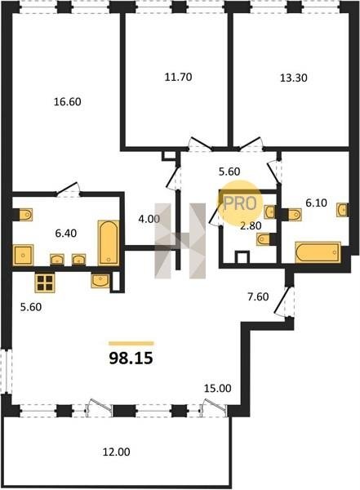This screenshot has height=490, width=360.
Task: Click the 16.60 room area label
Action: point(68,102)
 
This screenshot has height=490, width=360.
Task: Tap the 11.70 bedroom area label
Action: point(178,77)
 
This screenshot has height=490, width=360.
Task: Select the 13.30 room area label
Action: point(293,78)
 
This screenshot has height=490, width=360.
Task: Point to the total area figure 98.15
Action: point(131,359)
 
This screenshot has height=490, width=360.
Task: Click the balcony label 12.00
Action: point(117,452)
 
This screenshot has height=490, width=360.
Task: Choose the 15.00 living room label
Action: point(218,389)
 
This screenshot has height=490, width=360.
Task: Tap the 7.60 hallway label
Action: point(258,296)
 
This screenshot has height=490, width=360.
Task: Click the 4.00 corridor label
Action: point(149,219)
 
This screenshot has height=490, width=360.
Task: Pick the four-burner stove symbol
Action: point(45,283)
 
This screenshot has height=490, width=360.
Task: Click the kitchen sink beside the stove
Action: point(100,280)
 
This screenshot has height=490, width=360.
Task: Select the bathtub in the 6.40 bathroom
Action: point(109,243)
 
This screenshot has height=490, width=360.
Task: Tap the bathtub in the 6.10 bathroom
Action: point(318,252)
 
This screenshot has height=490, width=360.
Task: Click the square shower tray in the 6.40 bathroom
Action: point(23,255)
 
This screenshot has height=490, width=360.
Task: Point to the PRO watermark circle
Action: point(240,203)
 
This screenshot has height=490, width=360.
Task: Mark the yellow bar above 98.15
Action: point(131,344)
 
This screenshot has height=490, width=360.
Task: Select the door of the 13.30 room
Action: point(251,144)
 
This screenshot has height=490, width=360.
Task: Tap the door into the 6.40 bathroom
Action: point(67,189)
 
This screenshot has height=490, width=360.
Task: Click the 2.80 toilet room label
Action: point(251,225)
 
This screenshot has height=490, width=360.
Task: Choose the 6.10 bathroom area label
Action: point(316,203)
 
